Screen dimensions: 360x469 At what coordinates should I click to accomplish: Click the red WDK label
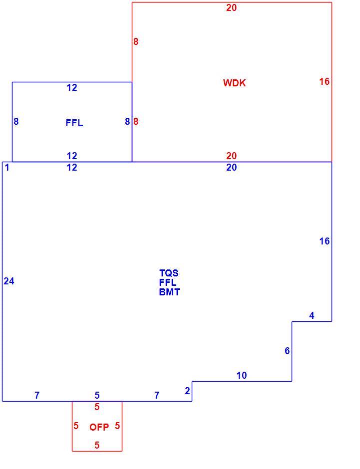[x=234, y=83]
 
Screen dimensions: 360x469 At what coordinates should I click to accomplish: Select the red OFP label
[x=99, y=427]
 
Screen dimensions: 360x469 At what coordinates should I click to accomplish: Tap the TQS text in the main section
[x=169, y=273]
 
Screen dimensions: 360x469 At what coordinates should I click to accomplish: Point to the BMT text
[x=169, y=292]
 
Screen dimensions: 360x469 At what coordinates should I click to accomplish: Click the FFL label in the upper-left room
[x=74, y=123]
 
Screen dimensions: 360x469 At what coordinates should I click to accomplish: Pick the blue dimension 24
[x=9, y=281]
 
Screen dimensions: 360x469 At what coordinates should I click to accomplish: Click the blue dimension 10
[x=242, y=375]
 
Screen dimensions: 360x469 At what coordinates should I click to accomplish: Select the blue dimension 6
[x=287, y=351]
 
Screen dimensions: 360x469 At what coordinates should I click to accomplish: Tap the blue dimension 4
[x=312, y=315]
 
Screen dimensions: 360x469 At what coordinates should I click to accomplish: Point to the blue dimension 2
[x=187, y=391]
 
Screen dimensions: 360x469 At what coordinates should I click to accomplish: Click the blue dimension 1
[x=7, y=168]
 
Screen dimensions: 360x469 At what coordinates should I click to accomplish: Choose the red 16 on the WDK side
[x=325, y=81]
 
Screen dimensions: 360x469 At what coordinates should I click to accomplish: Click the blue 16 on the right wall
[x=325, y=241]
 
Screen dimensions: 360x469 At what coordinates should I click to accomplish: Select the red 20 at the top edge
[x=231, y=8]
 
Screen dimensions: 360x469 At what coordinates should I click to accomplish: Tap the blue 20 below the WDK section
[x=231, y=167]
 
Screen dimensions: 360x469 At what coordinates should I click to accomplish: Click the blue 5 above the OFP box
[x=97, y=396]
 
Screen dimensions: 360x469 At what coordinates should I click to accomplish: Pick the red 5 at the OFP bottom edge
[x=97, y=445]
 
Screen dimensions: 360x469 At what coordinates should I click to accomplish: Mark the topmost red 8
[x=136, y=41]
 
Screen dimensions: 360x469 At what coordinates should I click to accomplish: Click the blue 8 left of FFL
[x=16, y=121]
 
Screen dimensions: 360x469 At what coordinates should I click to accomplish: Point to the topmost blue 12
[x=72, y=87]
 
